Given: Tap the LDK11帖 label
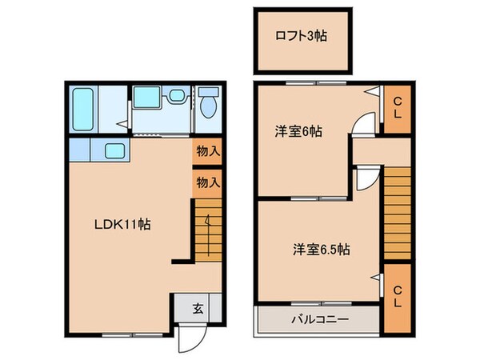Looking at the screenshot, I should pyautogui.click(x=121, y=225).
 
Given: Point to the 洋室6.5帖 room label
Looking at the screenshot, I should pyautogui.click(x=319, y=249).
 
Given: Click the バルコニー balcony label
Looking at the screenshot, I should pyautogui.click(x=318, y=320).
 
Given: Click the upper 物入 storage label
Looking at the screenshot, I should pyautogui.click(x=207, y=150).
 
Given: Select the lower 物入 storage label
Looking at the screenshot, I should pyautogui.click(x=207, y=182).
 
